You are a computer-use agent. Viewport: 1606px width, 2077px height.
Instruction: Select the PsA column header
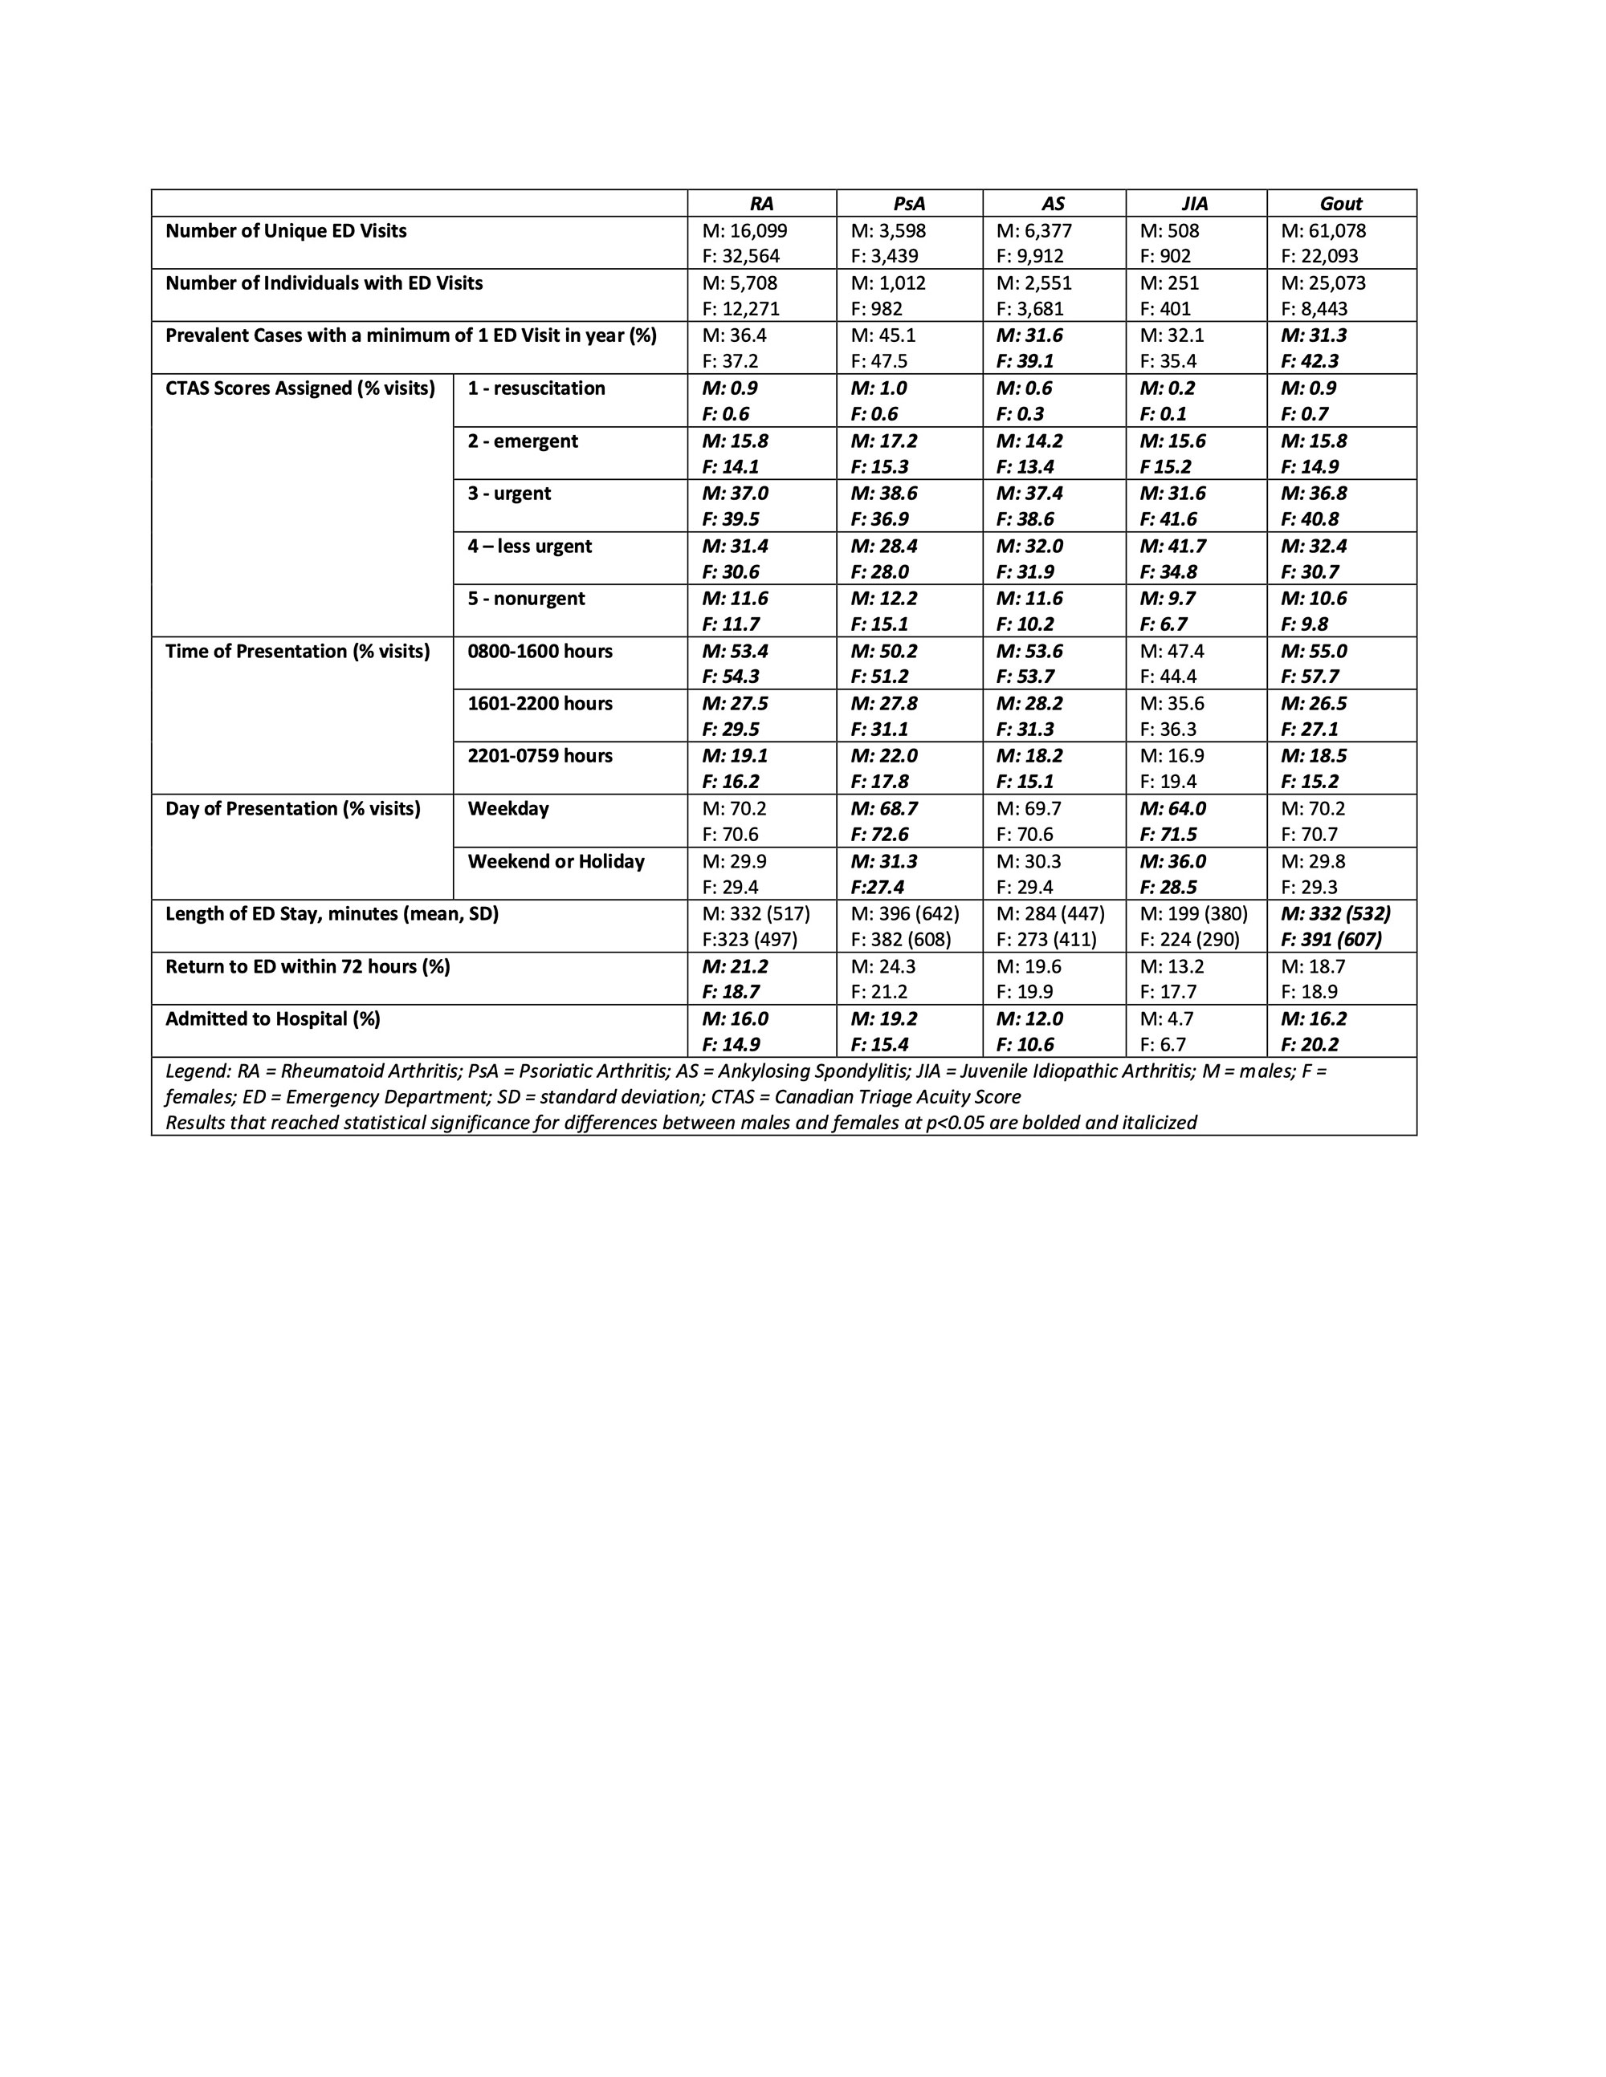click(x=909, y=204)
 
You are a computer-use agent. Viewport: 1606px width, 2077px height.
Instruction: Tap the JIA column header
click(x=1195, y=204)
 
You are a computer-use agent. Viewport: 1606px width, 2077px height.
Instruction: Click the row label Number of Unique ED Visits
click(x=285, y=231)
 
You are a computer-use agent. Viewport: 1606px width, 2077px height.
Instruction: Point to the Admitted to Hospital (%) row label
click(x=272, y=1018)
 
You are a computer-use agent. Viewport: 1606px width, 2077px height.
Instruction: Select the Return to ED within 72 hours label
click(x=308, y=966)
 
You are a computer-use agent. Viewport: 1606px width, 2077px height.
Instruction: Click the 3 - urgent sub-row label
click(x=509, y=494)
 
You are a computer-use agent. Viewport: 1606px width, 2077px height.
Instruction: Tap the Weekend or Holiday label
click(x=556, y=862)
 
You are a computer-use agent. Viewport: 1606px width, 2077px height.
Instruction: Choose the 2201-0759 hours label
click(x=540, y=756)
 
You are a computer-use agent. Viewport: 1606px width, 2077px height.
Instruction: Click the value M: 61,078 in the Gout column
click(x=1323, y=231)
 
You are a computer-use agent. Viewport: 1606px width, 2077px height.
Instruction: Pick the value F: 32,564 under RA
click(x=736, y=257)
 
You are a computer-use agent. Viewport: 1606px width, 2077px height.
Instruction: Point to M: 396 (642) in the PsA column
click(x=905, y=914)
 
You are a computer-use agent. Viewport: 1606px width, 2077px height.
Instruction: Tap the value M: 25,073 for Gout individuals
click(x=1323, y=283)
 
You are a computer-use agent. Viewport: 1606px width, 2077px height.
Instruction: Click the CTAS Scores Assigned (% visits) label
click(x=300, y=388)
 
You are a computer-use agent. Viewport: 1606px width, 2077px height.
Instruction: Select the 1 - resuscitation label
click(x=536, y=388)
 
